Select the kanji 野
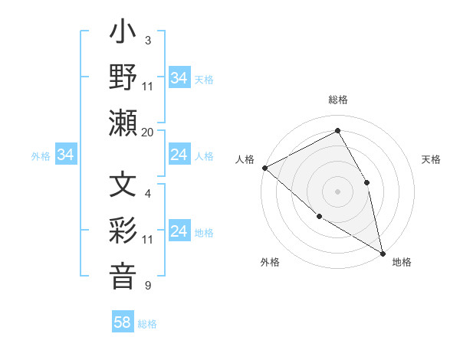pyautogui.click(x=123, y=78)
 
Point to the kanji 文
pyautogui.click(x=123, y=185)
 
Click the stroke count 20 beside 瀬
pyautogui.click(x=148, y=133)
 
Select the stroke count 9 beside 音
pyautogui.click(x=148, y=286)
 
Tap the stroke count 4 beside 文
pyautogui.click(x=148, y=194)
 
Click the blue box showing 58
pyautogui.click(x=123, y=322)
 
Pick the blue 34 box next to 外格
pyautogui.click(x=65, y=155)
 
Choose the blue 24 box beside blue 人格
pyautogui.click(x=179, y=155)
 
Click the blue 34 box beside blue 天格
pyautogui.click(x=179, y=78)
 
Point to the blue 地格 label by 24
pyautogui.click(x=204, y=233)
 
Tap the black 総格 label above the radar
pyautogui.click(x=338, y=100)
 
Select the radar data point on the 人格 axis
pyautogui.click(x=264, y=168)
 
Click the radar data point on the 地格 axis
pyautogui.click(x=382, y=252)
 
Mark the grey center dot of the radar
pyautogui.click(x=338, y=191)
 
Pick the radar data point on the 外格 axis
pyautogui.click(x=319, y=216)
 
